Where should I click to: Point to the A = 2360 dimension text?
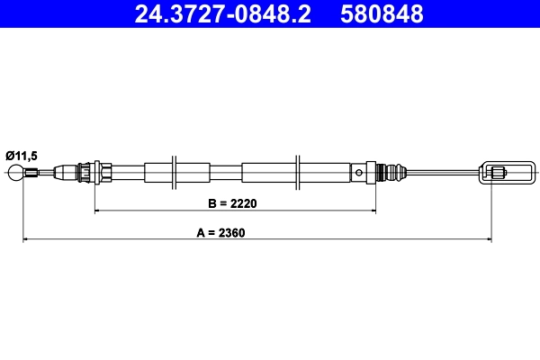click(221, 231)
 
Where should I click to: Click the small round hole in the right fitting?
click(360, 171)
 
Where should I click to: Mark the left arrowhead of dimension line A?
click(26, 239)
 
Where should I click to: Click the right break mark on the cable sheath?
click(297, 171)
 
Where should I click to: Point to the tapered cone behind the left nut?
click(66, 171)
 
